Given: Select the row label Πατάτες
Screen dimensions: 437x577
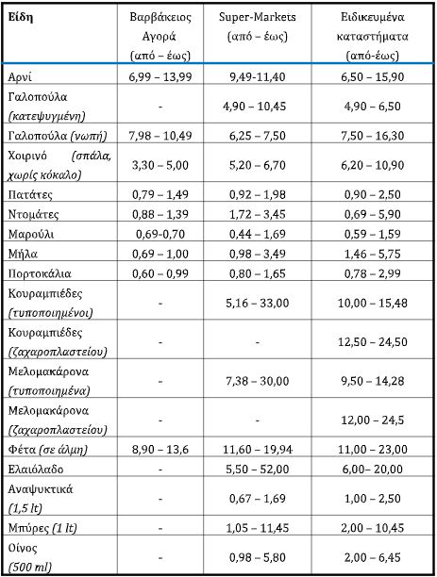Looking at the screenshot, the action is point(29,193).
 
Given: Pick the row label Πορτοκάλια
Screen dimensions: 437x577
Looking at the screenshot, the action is point(38,272).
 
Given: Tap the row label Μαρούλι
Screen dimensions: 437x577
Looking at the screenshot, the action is point(31,233).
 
